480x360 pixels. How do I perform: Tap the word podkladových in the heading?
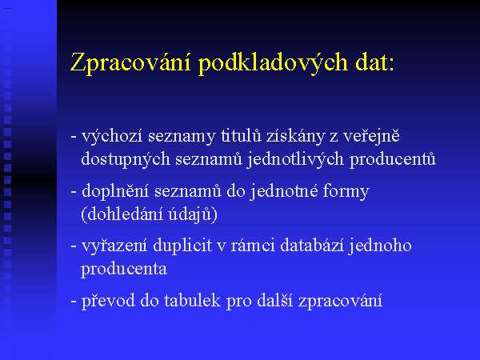pos(273,62)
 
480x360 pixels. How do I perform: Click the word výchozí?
pos(112,136)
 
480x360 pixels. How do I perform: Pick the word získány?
pos(294,136)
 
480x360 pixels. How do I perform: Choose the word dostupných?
pos(126,159)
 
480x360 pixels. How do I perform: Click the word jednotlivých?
pos(294,159)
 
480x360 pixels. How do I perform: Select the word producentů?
pos(393,159)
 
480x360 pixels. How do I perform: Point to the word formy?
pos(346,191)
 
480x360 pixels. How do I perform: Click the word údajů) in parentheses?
pos(193,214)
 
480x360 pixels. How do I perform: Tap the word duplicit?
pos(182,246)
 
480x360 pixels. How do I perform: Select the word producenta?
pos(124,270)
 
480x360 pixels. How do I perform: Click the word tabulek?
pos(192,300)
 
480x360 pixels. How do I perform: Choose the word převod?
pos(108,301)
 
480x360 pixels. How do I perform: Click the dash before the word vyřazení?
pos(74,246)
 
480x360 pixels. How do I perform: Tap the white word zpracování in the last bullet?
pos(340,301)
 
